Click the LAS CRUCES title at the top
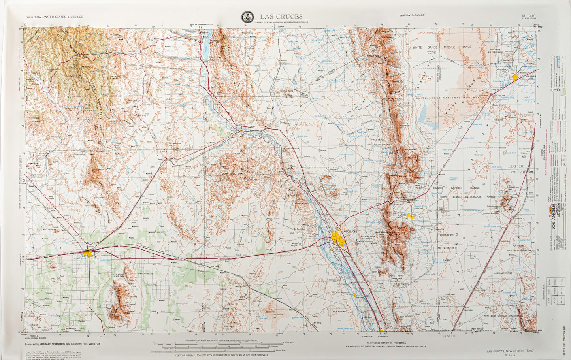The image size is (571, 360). (x=281, y=17)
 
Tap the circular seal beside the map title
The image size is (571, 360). (x=248, y=17)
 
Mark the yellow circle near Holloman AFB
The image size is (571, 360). (x=515, y=78)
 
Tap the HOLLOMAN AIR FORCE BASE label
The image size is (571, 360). (x=491, y=51)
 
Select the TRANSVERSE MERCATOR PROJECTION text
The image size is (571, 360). (x=386, y=343)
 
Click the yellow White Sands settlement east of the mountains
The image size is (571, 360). (x=410, y=216)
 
